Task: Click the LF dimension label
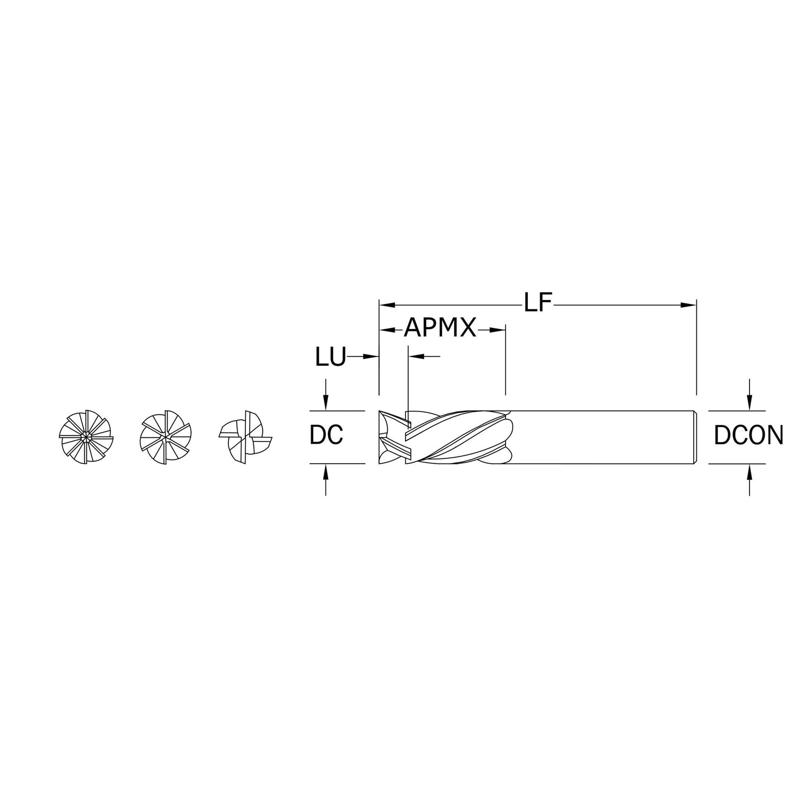pyautogui.click(x=538, y=304)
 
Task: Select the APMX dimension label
pyautogui.click(x=440, y=329)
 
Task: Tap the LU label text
pyautogui.click(x=330, y=357)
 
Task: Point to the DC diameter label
pyautogui.click(x=326, y=435)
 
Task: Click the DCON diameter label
pyautogui.click(x=748, y=435)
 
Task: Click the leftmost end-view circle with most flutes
pyautogui.click(x=85, y=437)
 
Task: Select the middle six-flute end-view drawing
pyautogui.click(x=165, y=437)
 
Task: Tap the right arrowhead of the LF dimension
pyautogui.click(x=688, y=305)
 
